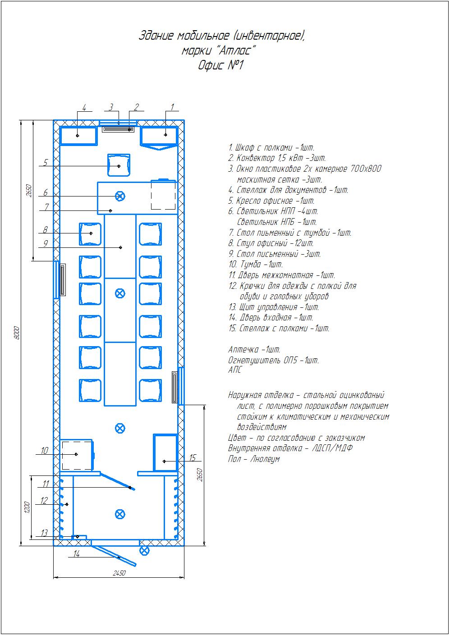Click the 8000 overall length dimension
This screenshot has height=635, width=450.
(17, 333)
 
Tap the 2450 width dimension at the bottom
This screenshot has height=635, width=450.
(119, 573)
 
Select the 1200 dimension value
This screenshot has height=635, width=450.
(27, 507)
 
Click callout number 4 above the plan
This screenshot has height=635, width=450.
(84, 108)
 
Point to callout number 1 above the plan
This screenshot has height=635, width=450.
(172, 107)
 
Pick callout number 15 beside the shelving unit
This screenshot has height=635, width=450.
(193, 457)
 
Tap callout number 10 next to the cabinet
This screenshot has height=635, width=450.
(45, 451)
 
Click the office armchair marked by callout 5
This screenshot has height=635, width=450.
(119, 165)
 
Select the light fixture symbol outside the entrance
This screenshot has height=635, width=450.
(145, 551)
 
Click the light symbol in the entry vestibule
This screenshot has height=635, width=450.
(120, 514)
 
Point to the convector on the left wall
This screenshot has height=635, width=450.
(63, 280)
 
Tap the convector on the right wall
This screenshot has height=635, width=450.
(174, 387)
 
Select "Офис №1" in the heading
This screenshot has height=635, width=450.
(220, 65)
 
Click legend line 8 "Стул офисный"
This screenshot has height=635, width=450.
(271, 243)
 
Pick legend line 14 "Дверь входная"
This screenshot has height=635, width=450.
(271, 317)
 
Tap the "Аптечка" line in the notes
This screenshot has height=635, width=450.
(254, 350)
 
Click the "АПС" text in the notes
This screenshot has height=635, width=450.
(235, 370)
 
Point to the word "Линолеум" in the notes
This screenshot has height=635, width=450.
(265, 459)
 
